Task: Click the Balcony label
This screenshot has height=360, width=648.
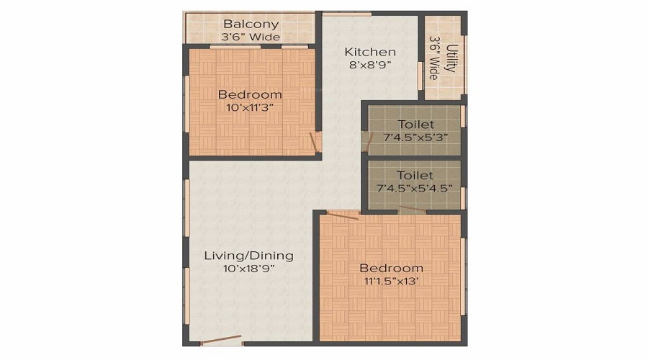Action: coord(251,24)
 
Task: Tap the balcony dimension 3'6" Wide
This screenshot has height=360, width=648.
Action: coord(251,37)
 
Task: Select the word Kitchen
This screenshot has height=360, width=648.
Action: coord(370,52)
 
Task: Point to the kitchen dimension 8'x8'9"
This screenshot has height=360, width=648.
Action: coord(370,65)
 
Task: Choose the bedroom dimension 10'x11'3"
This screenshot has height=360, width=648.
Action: coord(250,107)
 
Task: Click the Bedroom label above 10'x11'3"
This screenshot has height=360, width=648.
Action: coord(250,94)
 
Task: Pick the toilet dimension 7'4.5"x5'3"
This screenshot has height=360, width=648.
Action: coord(416,138)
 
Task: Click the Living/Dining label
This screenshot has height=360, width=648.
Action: coord(248,256)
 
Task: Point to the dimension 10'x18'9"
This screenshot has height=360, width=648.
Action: coord(248,269)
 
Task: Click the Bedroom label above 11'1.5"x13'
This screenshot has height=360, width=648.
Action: coord(391,268)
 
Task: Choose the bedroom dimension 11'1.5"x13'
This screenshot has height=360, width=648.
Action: coord(391,281)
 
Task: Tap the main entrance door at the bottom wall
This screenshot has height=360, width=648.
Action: coord(221,341)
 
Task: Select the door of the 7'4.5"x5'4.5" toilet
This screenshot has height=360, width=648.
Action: coord(412,210)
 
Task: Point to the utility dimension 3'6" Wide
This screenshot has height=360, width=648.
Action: coord(434,58)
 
